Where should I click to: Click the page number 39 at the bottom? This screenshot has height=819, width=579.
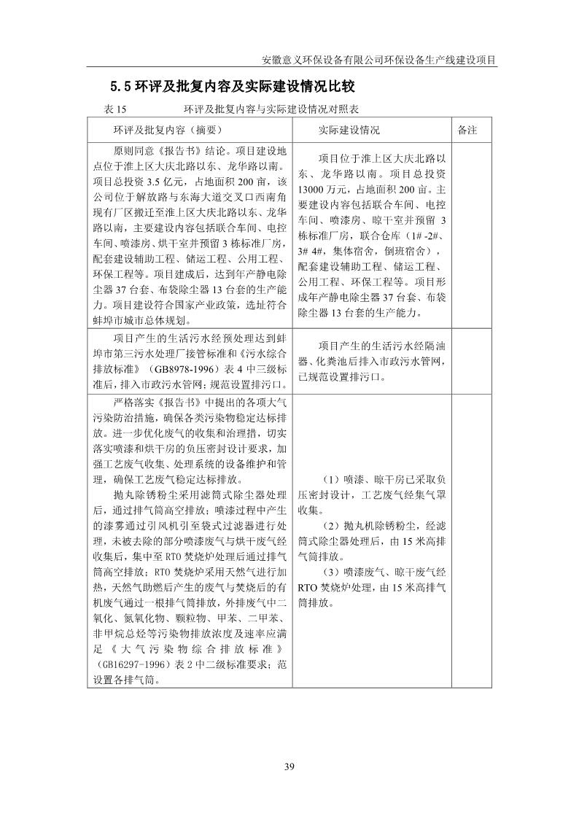pos(289,766)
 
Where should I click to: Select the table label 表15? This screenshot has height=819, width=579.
pos(116,110)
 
